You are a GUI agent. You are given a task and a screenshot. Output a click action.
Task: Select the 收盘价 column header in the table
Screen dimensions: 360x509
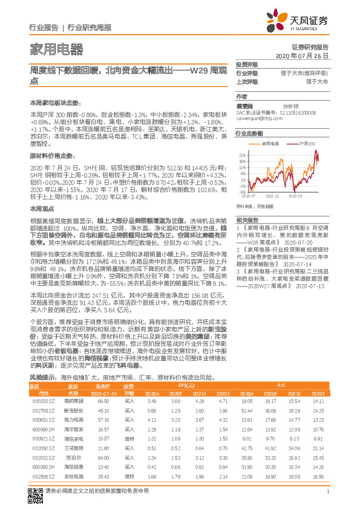[103, 385]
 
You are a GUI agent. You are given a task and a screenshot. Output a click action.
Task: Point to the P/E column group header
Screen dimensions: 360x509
[282, 384]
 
